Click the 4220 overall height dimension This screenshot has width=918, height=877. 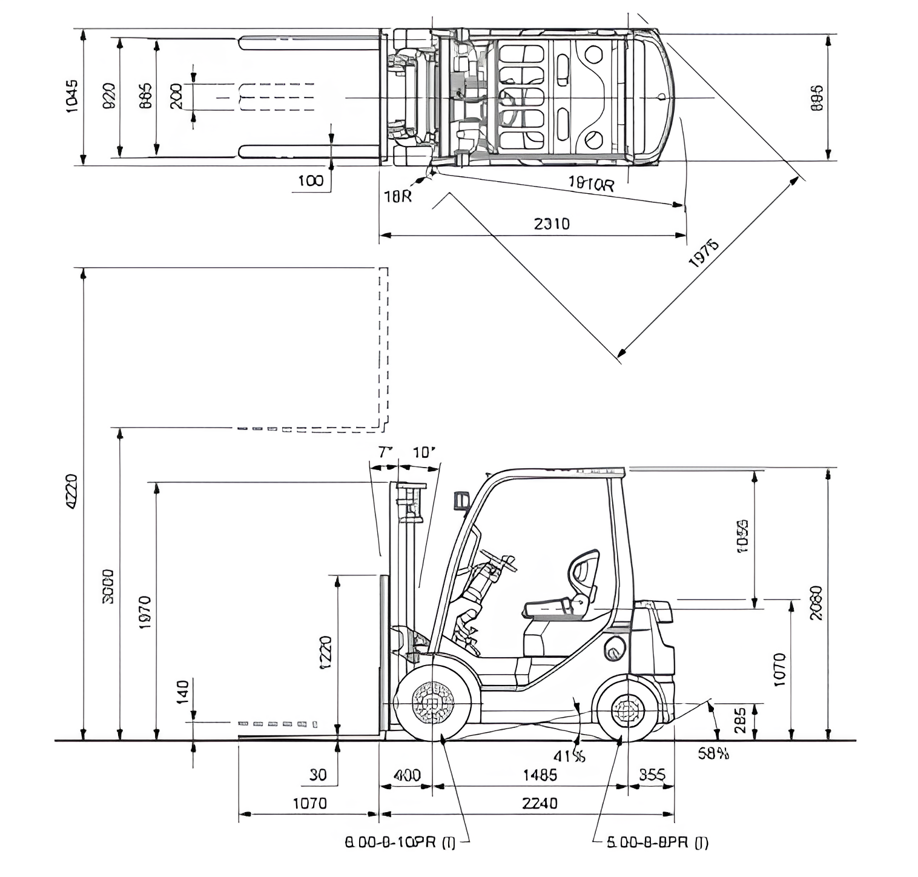[71, 492]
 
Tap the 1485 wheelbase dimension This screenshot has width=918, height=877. [540, 775]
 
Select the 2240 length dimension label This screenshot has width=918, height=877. [540, 803]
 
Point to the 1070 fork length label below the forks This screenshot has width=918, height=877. [309, 803]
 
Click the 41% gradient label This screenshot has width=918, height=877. [569, 756]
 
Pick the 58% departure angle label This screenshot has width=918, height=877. [713, 753]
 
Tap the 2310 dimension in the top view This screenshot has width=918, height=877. [552, 224]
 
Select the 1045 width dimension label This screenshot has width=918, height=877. [71, 96]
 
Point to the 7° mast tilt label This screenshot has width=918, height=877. [385, 452]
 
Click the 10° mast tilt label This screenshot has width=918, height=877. [424, 452]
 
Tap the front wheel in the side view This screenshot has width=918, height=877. [433, 703]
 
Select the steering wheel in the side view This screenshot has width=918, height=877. [498, 560]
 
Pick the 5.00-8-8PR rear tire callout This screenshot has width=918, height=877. [658, 842]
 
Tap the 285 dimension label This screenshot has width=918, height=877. [740, 720]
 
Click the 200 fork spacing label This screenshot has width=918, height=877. [176, 96]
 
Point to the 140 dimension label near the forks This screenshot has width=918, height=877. [182, 692]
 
